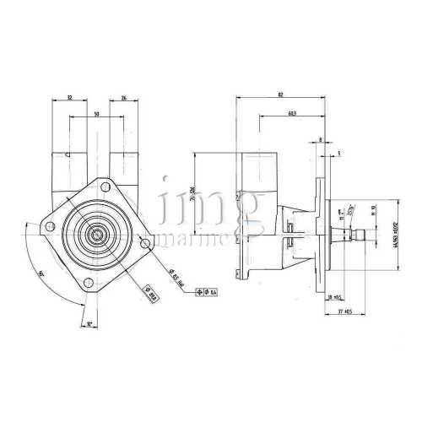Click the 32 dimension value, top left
coord(70,99)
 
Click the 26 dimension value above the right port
coord(125,99)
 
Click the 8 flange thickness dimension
coord(321,140)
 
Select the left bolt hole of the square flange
coord(50,225)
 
